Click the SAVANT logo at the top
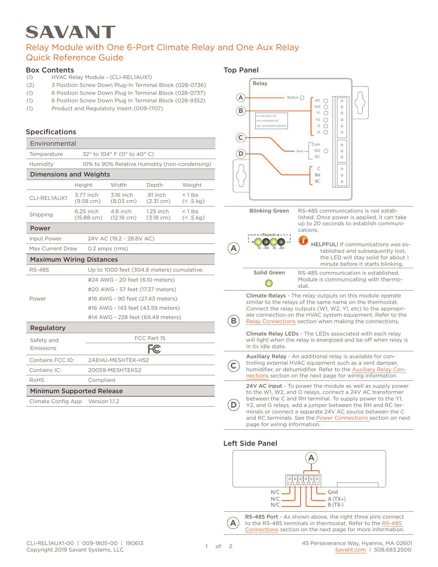(x=70, y=32)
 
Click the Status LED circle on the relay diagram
(x=302, y=98)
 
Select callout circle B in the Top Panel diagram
(x=241, y=111)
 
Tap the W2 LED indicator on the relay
(x=326, y=107)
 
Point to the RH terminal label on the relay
(x=317, y=175)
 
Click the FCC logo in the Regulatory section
(x=154, y=349)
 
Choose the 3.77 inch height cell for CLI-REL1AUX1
(x=87, y=198)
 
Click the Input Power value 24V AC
(x=121, y=238)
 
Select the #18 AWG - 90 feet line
(x=133, y=299)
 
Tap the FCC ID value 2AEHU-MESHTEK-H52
(x=119, y=360)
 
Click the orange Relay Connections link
(x=271, y=321)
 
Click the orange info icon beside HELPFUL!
(x=303, y=240)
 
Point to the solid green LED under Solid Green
(x=269, y=283)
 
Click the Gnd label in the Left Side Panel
(x=333, y=492)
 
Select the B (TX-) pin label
(x=335, y=505)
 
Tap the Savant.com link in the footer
(x=350, y=549)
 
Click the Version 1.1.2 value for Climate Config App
(x=104, y=401)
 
